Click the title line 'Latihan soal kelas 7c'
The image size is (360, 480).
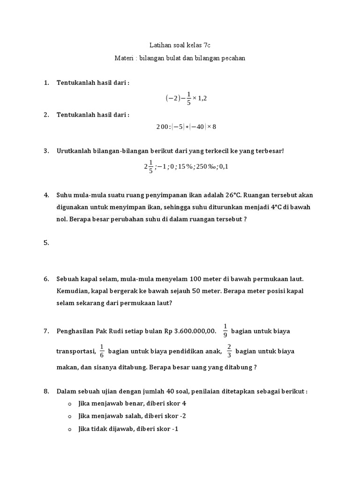coord(180,45)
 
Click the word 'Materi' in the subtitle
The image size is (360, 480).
coord(124,58)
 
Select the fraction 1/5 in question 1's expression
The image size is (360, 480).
coord(188,98)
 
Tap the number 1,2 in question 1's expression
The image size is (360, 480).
coord(202,98)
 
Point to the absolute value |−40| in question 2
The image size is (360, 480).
coord(199,127)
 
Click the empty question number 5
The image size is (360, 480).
coord(46,243)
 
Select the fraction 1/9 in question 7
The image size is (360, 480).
coord(225,331)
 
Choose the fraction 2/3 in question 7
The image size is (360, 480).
coord(229,351)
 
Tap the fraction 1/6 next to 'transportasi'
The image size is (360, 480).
coord(102,351)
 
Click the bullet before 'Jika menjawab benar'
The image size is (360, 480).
coord(69,404)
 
